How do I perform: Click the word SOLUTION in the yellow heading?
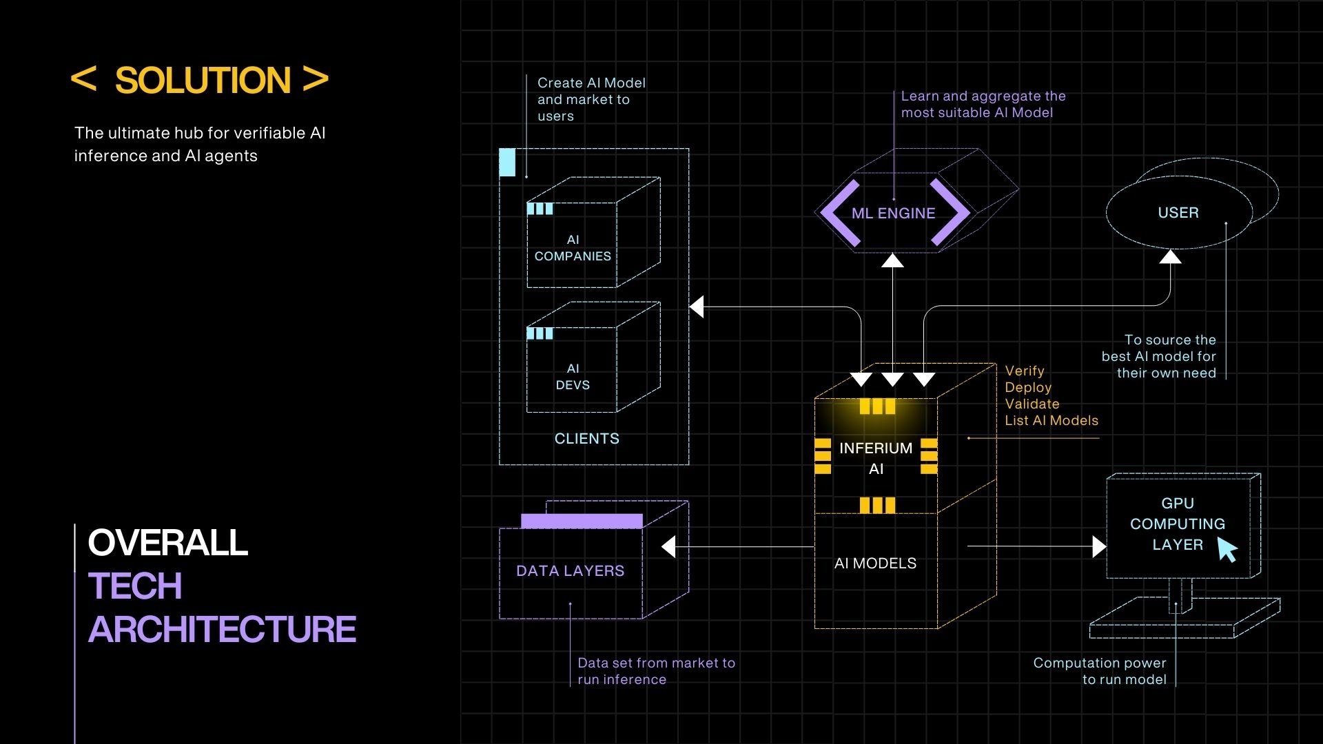[x=203, y=81]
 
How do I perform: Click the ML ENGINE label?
[x=893, y=214]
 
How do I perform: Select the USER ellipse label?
[x=1178, y=213]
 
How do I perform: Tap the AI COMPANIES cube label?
[x=573, y=248]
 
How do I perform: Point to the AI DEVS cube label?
[x=573, y=377]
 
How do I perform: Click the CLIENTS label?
[x=586, y=439]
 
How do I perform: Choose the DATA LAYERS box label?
[x=570, y=571]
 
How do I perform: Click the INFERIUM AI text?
[x=876, y=458]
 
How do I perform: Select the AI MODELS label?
[x=875, y=564]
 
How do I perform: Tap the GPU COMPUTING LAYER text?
[x=1177, y=524]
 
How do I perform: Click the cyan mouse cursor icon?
[x=1227, y=550]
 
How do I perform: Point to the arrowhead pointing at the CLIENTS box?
[x=697, y=307]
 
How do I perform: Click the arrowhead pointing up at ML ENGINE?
[x=892, y=260]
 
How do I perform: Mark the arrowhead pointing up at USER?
[x=1170, y=257]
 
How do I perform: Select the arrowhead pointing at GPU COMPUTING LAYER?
[x=1099, y=547]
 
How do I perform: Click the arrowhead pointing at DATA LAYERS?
[x=668, y=547]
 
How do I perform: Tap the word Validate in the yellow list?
[x=1032, y=404]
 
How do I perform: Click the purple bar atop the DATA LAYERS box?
[x=582, y=521]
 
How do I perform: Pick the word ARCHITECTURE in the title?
[x=222, y=630]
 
